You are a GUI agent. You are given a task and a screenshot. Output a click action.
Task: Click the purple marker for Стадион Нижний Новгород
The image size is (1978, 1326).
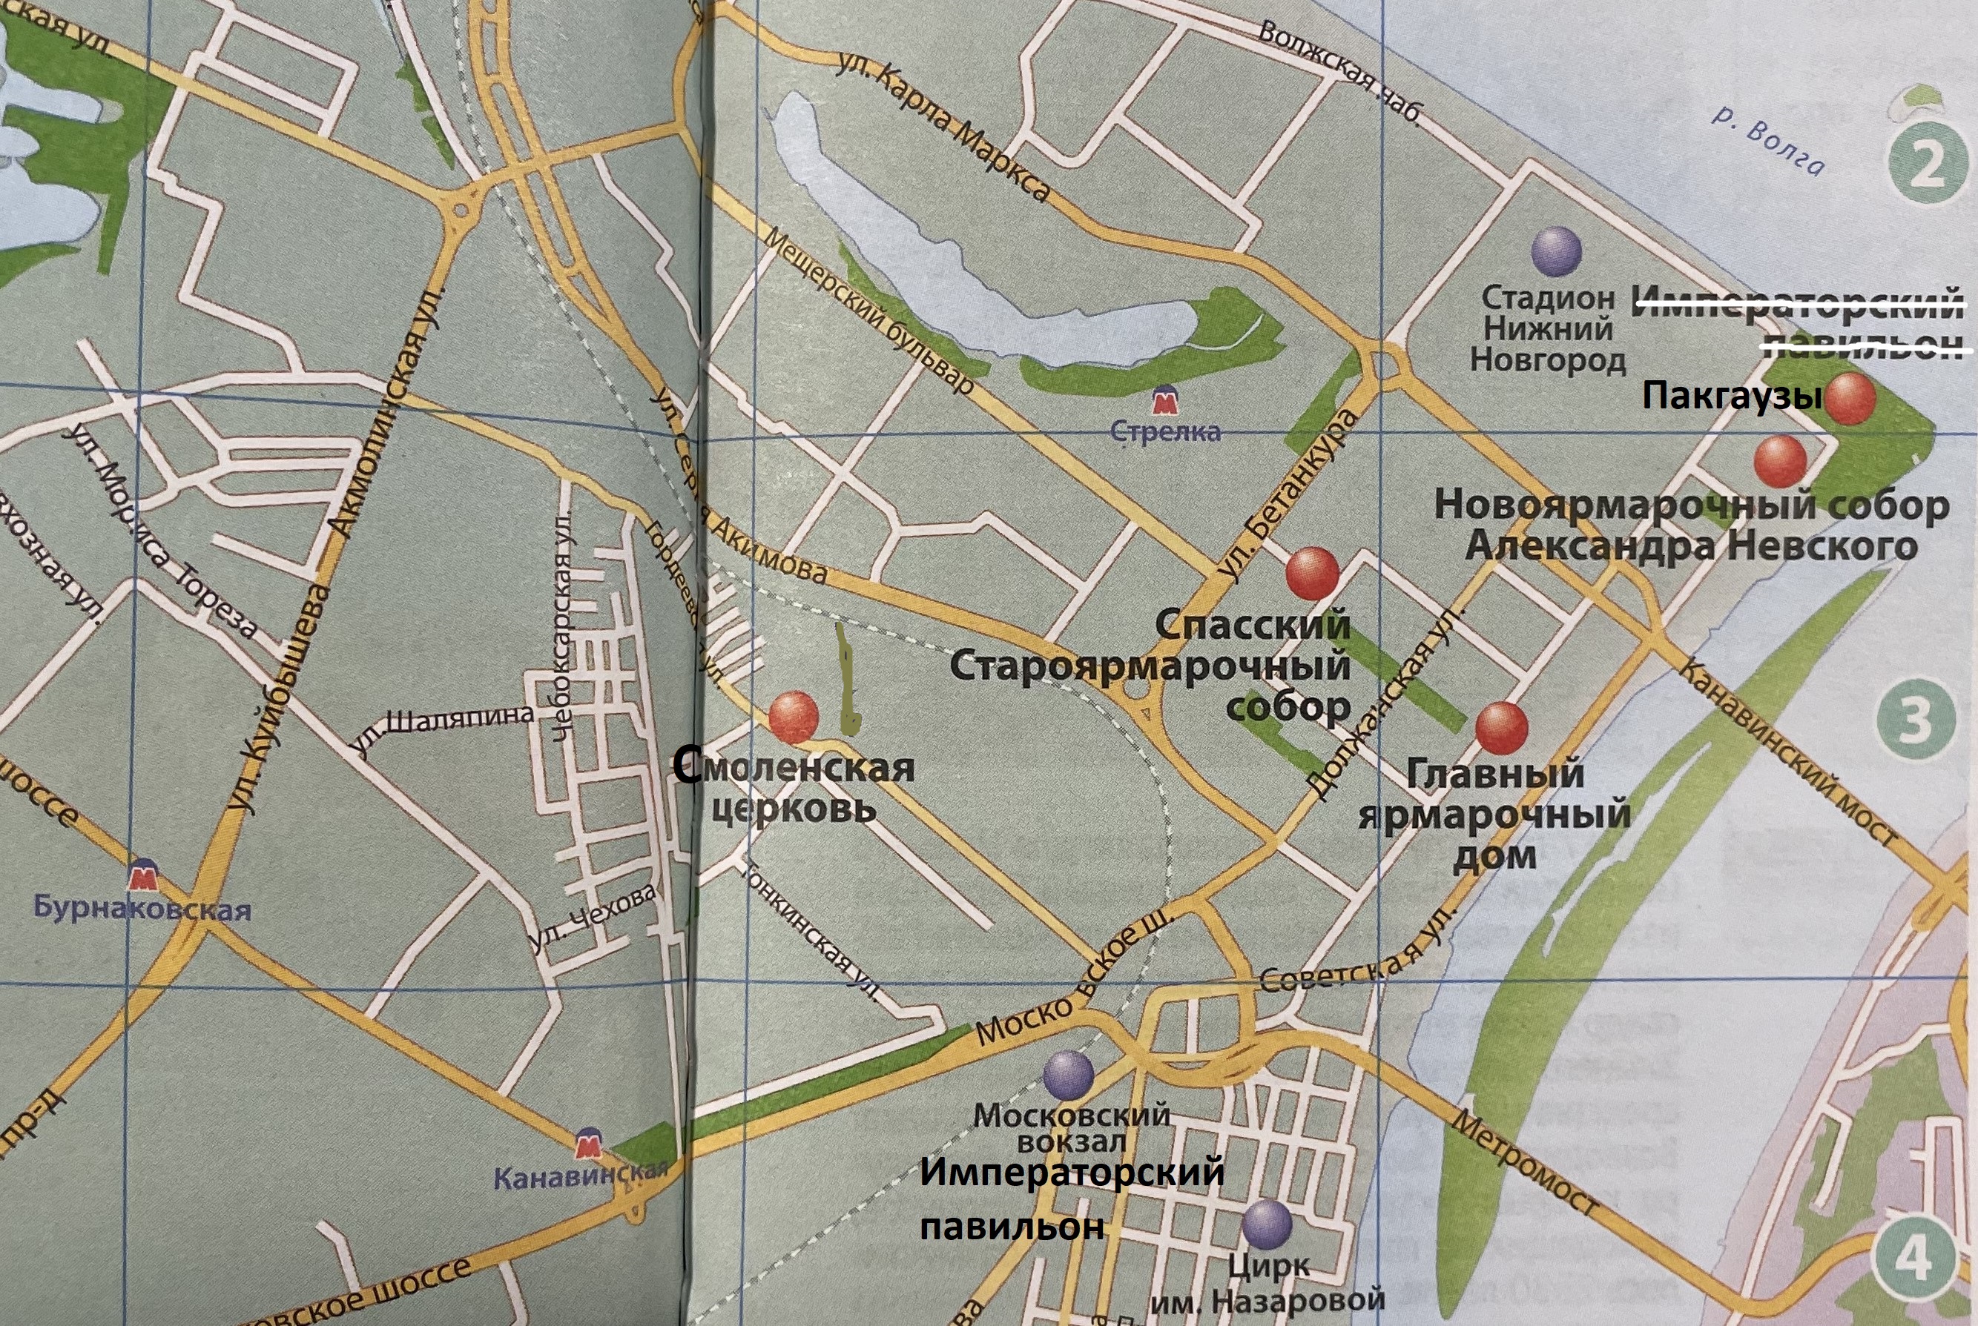point(1557,251)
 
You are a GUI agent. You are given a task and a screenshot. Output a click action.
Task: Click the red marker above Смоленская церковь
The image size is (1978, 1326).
point(794,717)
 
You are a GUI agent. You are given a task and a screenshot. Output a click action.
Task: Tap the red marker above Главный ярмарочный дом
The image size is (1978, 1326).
point(1502,728)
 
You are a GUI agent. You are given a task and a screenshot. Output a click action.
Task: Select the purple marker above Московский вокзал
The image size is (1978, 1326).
point(1069,1075)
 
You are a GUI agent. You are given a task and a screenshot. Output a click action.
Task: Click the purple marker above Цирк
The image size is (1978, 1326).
point(1267,1224)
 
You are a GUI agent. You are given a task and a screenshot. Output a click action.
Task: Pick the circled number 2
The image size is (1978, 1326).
point(1928,167)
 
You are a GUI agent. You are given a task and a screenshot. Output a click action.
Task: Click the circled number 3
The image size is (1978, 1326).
point(1916,720)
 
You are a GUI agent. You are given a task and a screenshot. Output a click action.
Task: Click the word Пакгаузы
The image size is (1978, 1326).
point(1731,396)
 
